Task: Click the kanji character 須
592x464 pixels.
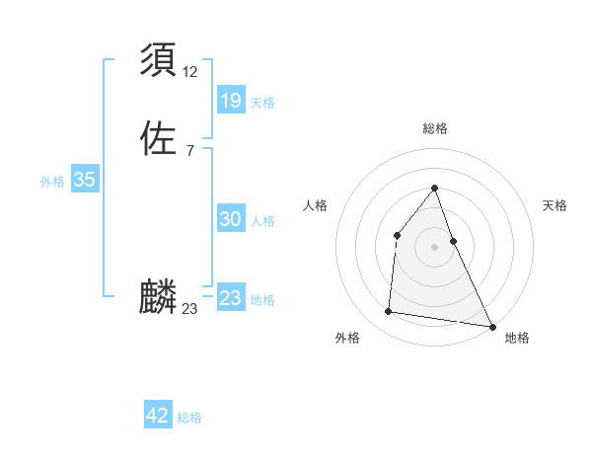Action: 159,61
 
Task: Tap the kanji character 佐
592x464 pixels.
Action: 159,137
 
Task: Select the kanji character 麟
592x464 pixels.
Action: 159,296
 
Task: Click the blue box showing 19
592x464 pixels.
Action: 230,101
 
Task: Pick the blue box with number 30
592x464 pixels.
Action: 230,220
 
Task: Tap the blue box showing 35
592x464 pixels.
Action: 84,180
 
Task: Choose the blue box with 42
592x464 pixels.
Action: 158,416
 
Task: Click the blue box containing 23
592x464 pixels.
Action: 230,298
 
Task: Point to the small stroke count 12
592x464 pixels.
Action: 191,71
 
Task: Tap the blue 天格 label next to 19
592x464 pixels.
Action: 262,103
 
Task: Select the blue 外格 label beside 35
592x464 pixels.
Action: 52,182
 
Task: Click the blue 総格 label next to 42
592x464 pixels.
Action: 189,418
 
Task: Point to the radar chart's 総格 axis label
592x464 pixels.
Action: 434,128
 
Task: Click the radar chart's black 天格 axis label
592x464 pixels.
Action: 555,205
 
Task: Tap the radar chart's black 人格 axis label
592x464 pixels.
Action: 315,205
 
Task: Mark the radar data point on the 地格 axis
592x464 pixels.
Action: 492,327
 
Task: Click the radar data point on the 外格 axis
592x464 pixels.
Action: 389,312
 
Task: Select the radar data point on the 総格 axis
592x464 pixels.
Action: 434,188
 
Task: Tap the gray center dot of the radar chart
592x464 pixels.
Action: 434,247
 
